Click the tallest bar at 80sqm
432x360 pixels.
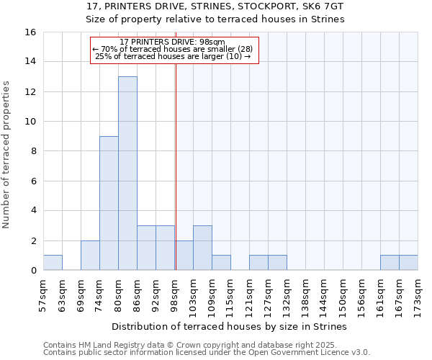(x=127, y=173)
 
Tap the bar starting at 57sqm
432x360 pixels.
(x=53, y=263)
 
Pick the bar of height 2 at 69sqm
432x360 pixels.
(x=90, y=256)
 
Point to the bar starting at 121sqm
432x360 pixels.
(x=258, y=263)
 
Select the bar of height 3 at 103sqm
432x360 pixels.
(x=202, y=248)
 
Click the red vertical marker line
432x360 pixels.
(x=176, y=180)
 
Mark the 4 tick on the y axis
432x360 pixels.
(x=32, y=211)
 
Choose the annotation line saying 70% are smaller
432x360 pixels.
(x=173, y=49)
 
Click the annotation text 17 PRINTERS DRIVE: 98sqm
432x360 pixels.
(x=173, y=42)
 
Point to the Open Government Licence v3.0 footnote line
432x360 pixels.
(x=207, y=352)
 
